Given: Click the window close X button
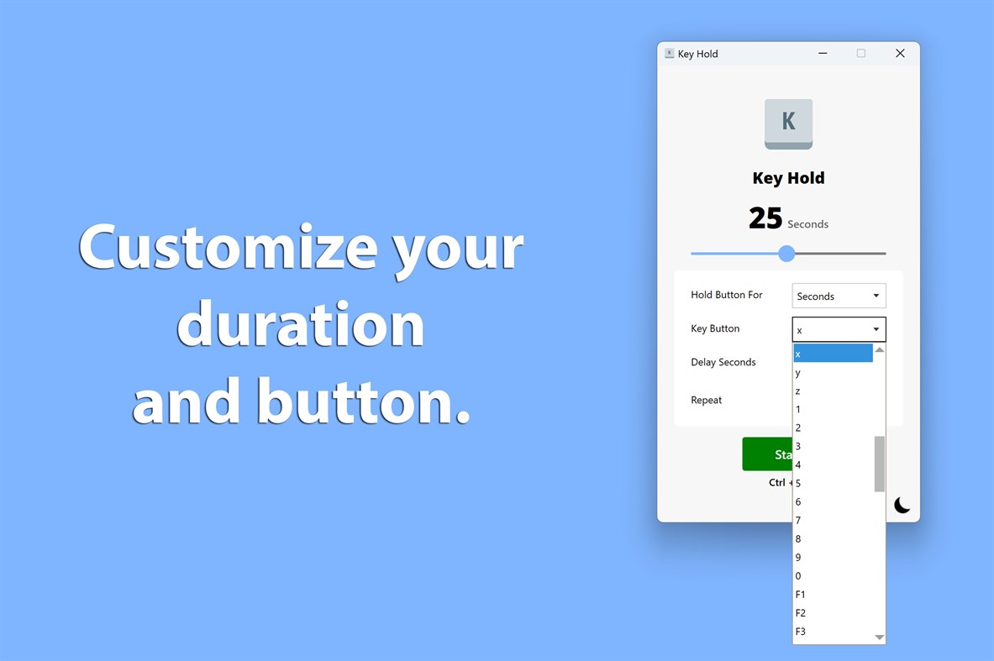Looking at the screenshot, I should pyautogui.click(x=900, y=54).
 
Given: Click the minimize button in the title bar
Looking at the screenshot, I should pyautogui.click(x=823, y=54).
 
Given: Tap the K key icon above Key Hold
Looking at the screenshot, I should pyautogui.click(x=788, y=123).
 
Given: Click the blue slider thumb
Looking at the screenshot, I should pyautogui.click(x=786, y=253).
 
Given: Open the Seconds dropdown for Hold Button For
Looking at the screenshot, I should pyautogui.click(x=839, y=296).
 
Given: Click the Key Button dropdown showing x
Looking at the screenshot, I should pyautogui.click(x=839, y=329).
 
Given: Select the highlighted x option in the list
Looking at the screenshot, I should pyautogui.click(x=833, y=354).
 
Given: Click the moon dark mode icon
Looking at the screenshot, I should pyautogui.click(x=902, y=505).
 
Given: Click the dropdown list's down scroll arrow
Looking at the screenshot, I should pyautogui.click(x=880, y=637).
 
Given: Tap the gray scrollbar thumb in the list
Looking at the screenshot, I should pyautogui.click(x=880, y=463).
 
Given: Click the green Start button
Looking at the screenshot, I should pyautogui.click(x=767, y=454).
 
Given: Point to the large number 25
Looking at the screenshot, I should pyautogui.click(x=765, y=218).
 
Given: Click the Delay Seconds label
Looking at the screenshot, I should pyautogui.click(x=723, y=362).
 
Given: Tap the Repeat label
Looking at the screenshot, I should pyautogui.click(x=707, y=400).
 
